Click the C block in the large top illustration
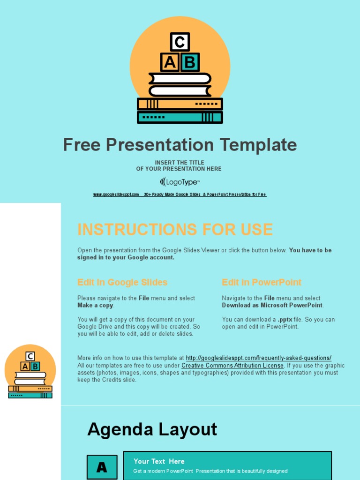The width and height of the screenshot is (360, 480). pyautogui.click(x=180, y=42)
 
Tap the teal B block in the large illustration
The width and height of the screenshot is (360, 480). pyautogui.click(x=190, y=62)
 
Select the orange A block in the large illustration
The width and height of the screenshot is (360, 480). pyautogui.click(x=170, y=62)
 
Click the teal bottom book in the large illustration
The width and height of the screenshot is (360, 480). pyautogui.click(x=180, y=117)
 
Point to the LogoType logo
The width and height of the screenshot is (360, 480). pyautogui.click(x=180, y=182)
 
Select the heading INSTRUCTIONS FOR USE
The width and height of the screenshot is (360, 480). pyautogui.click(x=175, y=230)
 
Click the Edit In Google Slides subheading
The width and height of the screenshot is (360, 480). pyautogui.click(x=122, y=282)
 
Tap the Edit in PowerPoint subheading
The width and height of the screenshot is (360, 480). pyautogui.click(x=262, y=282)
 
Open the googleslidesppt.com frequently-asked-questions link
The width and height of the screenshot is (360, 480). pyautogui.click(x=258, y=358)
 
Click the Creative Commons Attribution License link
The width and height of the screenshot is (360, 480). pyautogui.click(x=232, y=366)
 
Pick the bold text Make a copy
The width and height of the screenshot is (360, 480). pyautogui.click(x=95, y=306)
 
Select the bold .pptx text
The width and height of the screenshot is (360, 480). pyautogui.click(x=285, y=320)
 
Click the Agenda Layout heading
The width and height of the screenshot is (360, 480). pyautogui.click(x=152, y=429)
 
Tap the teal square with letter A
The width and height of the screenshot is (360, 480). pyautogui.click(x=102, y=467)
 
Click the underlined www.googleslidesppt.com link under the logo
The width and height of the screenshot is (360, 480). pyautogui.click(x=116, y=195)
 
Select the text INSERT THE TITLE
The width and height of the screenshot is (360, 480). pyautogui.click(x=180, y=163)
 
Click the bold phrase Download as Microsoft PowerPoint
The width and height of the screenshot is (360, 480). pyautogui.click(x=272, y=306)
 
